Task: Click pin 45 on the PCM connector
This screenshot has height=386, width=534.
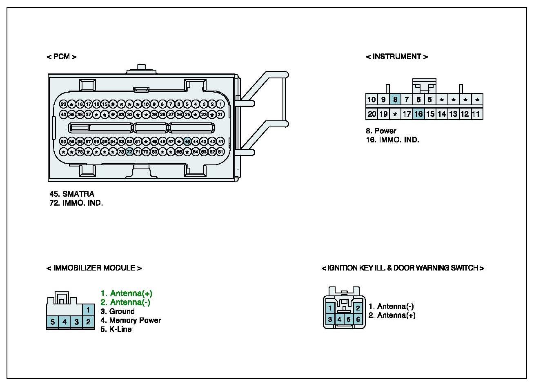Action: tap(187, 142)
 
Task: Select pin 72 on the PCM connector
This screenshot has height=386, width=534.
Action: tap(129, 152)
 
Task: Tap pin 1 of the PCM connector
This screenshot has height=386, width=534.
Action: tap(220, 104)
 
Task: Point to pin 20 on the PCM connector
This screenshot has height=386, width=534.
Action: tap(63, 104)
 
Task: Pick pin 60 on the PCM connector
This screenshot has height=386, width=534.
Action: tap(63, 142)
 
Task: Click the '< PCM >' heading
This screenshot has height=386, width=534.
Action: tap(62, 57)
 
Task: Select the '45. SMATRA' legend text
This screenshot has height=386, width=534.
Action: tap(72, 194)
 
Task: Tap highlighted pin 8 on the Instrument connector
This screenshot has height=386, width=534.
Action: tap(395, 99)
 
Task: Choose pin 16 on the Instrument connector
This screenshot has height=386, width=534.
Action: tap(418, 114)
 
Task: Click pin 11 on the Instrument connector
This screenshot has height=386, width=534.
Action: tap(476, 114)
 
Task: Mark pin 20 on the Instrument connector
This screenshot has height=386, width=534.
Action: tap(372, 114)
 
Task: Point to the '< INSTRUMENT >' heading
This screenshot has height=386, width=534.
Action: tap(397, 57)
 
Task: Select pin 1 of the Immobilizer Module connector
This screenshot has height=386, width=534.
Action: tap(88, 310)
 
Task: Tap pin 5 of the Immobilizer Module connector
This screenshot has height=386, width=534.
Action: tap(53, 322)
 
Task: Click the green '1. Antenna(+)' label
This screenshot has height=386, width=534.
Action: tap(127, 293)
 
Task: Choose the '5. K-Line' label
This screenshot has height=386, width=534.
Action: tap(116, 329)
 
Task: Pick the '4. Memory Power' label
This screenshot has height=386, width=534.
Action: tap(131, 320)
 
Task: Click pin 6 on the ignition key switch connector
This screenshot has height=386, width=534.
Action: tap(358, 319)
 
